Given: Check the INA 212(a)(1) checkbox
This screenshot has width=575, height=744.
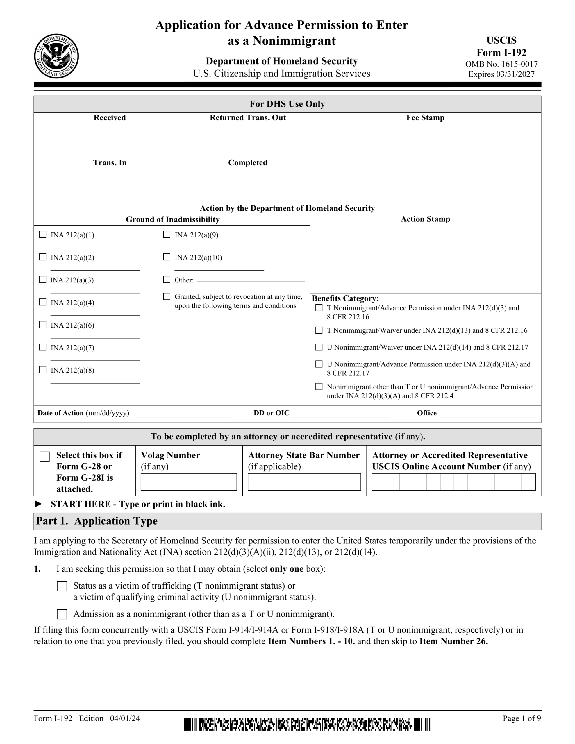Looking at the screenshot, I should click(x=43, y=234).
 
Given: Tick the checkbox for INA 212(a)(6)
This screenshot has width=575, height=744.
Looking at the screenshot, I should click(x=43, y=325).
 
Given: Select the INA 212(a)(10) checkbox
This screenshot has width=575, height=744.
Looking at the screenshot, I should click(x=167, y=257).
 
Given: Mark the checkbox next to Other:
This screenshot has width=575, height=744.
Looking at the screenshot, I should click(x=167, y=280).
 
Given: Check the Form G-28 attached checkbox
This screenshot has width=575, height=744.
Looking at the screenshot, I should click(x=45, y=457).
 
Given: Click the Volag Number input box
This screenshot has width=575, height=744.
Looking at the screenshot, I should click(x=188, y=482).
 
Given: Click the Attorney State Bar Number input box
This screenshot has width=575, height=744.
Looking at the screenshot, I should click(x=304, y=482).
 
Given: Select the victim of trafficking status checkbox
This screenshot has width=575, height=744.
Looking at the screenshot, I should click(x=62, y=586).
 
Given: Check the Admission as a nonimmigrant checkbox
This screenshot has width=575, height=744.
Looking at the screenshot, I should click(x=62, y=614).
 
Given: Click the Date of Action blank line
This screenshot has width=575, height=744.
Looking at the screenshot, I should click(x=183, y=414).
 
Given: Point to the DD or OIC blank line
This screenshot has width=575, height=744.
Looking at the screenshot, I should click(x=341, y=414).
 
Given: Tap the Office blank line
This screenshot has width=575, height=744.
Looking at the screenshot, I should click(x=487, y=414).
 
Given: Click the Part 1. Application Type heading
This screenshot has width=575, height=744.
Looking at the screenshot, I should click(x=97, y=521).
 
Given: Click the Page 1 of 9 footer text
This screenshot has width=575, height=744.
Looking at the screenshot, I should click(x=522, y=718).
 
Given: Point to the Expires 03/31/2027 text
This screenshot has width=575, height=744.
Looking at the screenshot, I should click(x=501, y=74).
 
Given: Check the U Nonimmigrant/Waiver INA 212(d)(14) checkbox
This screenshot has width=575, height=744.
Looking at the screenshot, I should click(x=319, y=347).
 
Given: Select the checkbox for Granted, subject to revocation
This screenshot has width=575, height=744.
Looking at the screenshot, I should click(x=167, y=297).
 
